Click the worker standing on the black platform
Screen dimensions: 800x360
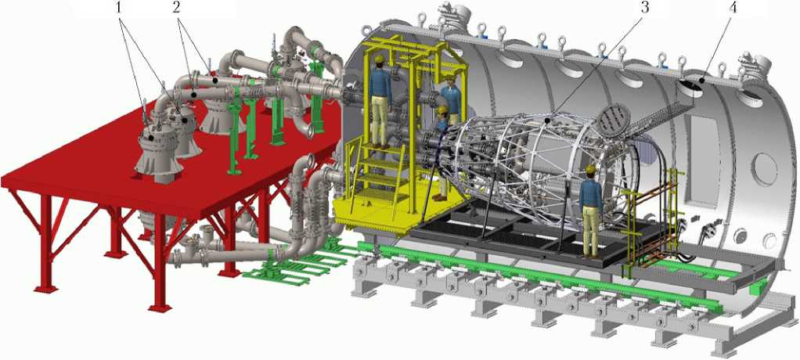tap(591, 210)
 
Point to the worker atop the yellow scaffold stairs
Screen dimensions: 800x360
tap(380, 101)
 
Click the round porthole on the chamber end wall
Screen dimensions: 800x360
tap(764, 169)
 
